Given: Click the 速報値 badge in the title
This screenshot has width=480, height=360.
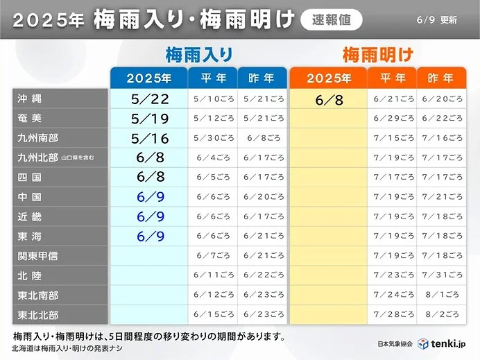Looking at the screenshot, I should [x=332, y=19].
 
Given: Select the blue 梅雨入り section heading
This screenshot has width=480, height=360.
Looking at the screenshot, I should [x=198, y=55].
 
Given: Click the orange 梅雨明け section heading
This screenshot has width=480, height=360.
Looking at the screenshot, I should [x=378, y=55].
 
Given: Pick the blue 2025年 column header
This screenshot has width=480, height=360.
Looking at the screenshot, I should [x=148, y=78].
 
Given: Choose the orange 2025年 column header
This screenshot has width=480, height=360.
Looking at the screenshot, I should [x=328, y=78].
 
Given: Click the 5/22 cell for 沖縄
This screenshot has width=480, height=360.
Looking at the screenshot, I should [x=149, y=99].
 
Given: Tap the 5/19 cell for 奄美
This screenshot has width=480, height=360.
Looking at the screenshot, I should [x=149, y=119].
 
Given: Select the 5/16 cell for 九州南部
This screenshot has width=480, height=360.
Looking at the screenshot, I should [x=149, y=138].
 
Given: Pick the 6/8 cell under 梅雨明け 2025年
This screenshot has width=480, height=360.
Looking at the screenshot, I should [x=328, y=99].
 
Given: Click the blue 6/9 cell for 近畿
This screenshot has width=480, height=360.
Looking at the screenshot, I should [x=149, y=217].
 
